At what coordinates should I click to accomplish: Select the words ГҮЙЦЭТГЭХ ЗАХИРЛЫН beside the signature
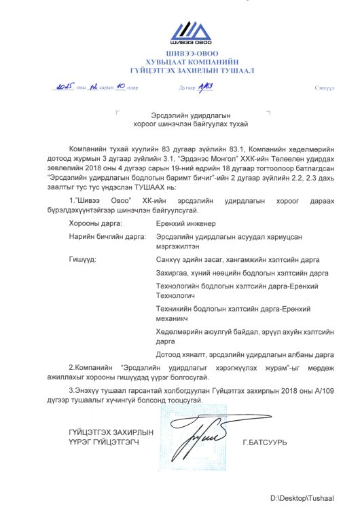click(x=111, y=432)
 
